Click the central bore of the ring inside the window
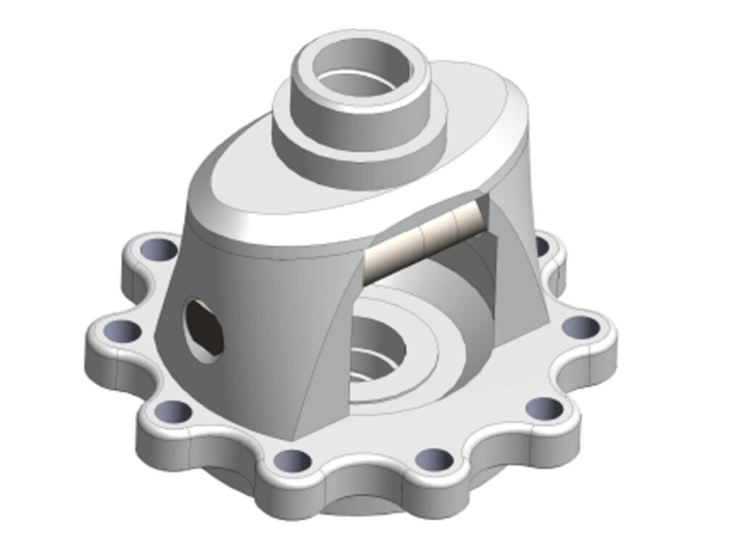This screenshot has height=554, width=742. click(377, 348)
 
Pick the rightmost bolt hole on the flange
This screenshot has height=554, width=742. click(580, 327)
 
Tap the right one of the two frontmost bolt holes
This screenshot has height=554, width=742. click(434, 458)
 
